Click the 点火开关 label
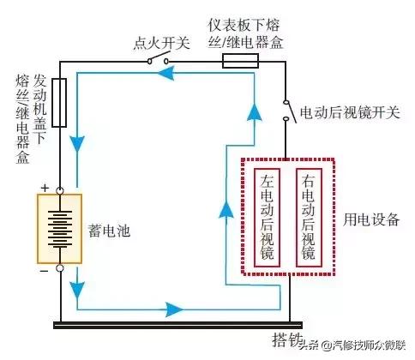click(x=162, y=40)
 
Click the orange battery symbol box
click(x=60, y=228)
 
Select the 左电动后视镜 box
click(x=268, y=218)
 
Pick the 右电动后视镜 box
click(x=309, y=218)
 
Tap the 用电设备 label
click(x=371, y=220)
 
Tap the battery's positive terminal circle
click(x=60, y=189)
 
